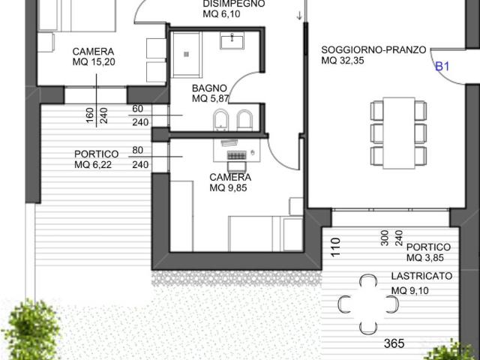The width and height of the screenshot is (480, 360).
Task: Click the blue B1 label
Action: [442, 67]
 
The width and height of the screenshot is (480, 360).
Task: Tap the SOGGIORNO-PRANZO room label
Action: [373, 49]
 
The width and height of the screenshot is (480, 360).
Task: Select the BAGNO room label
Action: [209, 88]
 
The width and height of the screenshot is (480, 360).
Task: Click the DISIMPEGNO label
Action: [234, 4]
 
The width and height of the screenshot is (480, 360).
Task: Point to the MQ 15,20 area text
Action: [94, 61]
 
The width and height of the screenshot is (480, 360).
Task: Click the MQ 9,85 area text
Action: [228, 187]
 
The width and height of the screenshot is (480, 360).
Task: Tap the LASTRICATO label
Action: [421, 276]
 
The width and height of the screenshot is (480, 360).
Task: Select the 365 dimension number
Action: [394, 343]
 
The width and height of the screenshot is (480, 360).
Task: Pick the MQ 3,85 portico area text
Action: [425, 258]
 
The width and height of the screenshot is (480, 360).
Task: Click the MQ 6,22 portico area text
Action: [93, 164]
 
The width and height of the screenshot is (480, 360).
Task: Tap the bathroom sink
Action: [232, 42]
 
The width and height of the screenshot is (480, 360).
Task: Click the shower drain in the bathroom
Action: [186, 54]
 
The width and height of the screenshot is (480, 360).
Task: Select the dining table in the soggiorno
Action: [399, 133]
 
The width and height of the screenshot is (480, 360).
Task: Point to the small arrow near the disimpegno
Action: [299, 16]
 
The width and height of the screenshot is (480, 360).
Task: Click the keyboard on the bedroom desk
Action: [237, 156]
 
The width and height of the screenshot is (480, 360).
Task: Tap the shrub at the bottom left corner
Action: [31, 330]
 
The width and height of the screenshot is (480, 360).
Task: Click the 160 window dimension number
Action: [90, 115]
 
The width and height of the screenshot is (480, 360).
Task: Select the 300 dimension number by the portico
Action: [385, 238]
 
